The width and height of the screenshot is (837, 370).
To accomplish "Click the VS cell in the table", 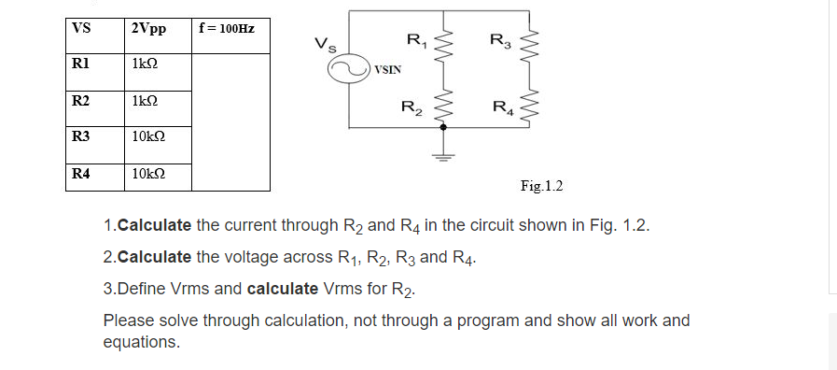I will point(81,27).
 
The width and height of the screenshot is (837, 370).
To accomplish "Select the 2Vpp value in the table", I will point(149,28).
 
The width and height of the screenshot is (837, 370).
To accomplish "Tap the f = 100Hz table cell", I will point(226,27).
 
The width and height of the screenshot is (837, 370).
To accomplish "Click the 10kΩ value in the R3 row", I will point(149,137).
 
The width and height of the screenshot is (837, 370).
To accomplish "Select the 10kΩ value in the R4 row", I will point(149,174).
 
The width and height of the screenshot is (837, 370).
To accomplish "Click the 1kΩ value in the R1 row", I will point(146,64).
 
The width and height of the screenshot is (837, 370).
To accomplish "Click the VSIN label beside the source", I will point(389,69).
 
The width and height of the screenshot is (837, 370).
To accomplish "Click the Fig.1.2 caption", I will point(541,186).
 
